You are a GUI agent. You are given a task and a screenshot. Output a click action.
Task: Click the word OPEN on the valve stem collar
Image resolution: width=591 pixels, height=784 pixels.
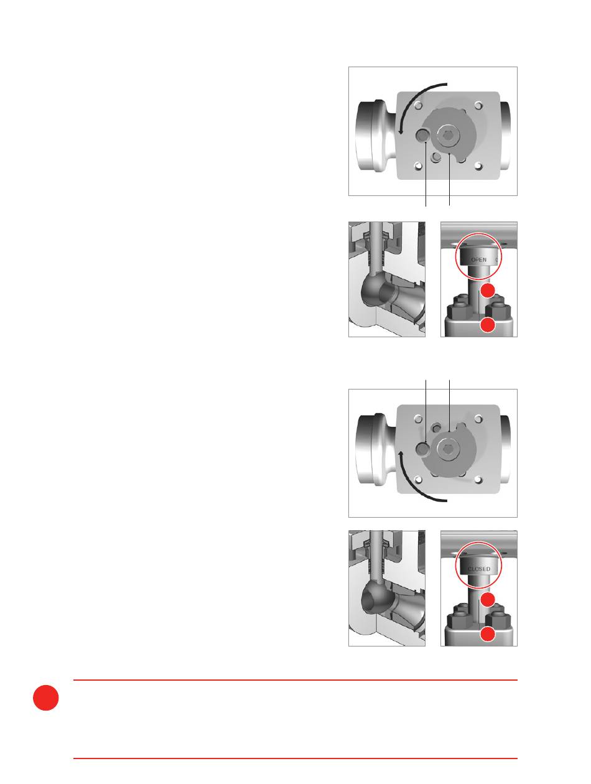click(x=478, y=259)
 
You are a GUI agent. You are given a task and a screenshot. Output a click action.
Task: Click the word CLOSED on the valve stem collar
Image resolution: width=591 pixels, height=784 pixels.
click(x=479, y=569)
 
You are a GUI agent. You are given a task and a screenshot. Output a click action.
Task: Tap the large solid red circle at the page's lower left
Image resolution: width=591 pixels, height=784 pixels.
click(x=45, y=698)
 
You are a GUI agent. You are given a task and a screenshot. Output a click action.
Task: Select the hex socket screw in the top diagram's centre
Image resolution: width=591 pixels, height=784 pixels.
click(x=449, y=136)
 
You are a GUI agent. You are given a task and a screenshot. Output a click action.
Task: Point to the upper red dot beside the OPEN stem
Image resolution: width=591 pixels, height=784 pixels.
click(x=488, y=291)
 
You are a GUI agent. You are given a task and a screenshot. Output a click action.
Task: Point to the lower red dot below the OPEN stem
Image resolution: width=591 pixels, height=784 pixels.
click(x=488, y=325)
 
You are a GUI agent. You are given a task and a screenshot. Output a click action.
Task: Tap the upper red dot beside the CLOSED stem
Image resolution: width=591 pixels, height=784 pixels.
click(x=488, y=600)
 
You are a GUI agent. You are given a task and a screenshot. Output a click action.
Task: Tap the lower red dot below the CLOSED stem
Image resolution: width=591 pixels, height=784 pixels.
click(x=488, y=634)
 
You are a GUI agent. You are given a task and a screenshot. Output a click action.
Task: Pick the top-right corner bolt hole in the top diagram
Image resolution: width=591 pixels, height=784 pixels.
click(x=478, y=106)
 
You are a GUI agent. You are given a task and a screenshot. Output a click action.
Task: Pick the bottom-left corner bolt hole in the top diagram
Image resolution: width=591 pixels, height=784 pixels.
click(x=419, y=166)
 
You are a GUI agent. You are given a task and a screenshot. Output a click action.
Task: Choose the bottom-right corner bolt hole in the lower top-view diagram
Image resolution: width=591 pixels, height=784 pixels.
click(x=478, y=480)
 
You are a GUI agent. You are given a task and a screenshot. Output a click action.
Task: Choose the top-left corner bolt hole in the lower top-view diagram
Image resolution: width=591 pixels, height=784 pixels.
click(x=419, y=419)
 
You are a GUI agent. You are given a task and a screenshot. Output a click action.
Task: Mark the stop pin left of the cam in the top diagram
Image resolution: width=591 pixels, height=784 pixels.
click(x=422, y=135)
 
